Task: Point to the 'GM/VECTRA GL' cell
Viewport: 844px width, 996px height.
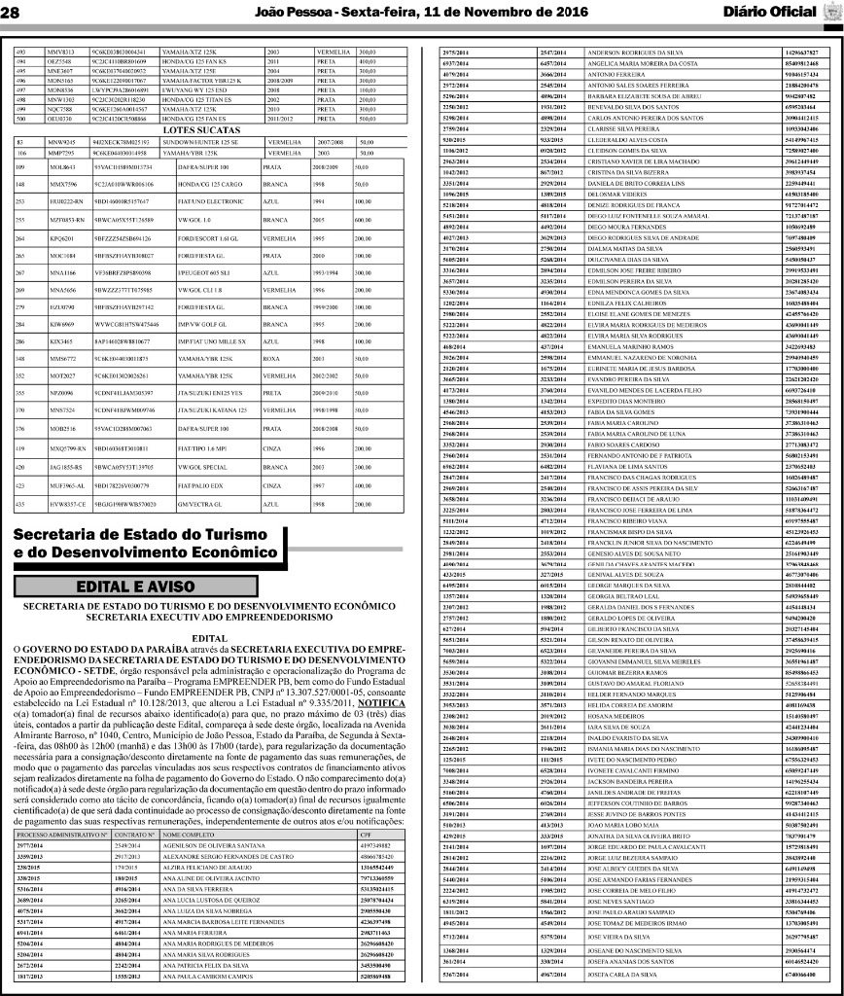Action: pyautogui.click(x=189, y=504)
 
